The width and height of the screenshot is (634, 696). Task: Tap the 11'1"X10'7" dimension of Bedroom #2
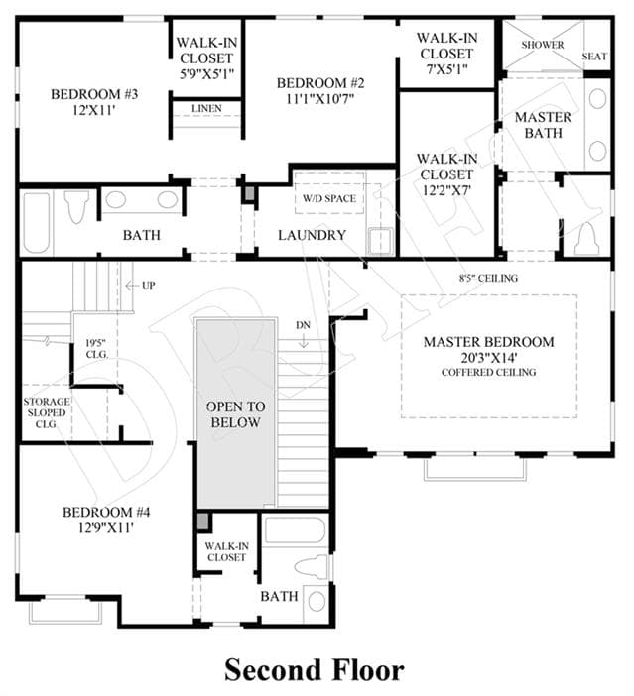pyautogui.click(x=319, y=98)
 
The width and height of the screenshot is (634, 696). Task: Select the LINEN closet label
pyautogui.click(x=206, y=108)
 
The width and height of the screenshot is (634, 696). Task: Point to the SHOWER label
pyautogui.click(x=543, y=45)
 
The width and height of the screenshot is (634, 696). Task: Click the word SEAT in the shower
pyautogui.click(x=594, y=57)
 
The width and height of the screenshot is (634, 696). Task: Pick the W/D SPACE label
pyautogui.click(x=329, y=198)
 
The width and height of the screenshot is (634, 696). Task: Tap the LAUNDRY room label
pyautogui.click(x=312, y=235)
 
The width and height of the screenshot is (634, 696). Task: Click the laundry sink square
pyautogui.click(x=381, y=241)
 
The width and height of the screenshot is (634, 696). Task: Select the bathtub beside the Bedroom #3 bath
pyautogui.click(x=37, y=223)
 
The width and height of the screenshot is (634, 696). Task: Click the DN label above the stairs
pyautogui.click(x=303, y=325)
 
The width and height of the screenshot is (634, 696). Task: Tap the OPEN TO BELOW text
pyautogui.click(x=235, y=414)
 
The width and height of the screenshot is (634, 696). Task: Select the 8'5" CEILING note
pyautogui.click(x=488, y=278)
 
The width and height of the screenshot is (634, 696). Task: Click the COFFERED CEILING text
pyautogui.click(x=489, y=372)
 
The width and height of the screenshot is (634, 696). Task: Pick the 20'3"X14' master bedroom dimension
pyautogui.click(x=489, y=357)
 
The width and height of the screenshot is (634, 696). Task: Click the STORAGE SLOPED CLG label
pyautogui.click(x=47, y=412)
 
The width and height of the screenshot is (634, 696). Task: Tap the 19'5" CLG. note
pyautogui.click(x=96, y=348)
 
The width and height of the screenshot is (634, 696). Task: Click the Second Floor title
pyautogui.click(x=315, y=670)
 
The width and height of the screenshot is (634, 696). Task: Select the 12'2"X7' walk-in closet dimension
pyautogui.click(x=446, y=190)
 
